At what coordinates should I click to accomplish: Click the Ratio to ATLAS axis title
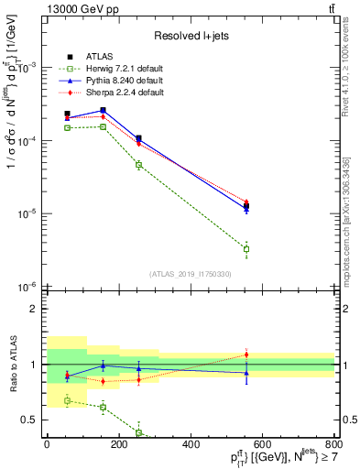coord(11,364)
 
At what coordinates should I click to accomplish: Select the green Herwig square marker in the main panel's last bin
coord(245,249)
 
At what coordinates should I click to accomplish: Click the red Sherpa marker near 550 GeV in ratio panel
coord(245,354)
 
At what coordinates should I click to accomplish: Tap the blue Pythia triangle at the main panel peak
coord(103,110)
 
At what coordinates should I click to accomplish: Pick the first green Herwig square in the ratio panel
coord(67,400)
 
